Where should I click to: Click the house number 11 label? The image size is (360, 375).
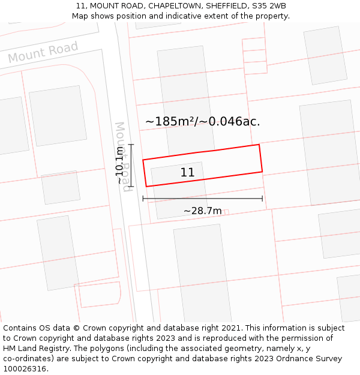[x=187, y=173]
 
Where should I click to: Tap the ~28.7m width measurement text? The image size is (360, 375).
[x=203, y=211]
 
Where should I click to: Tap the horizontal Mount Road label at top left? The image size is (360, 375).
[x=43, y=52]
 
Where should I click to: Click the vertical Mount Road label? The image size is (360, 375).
[x=122, y=157]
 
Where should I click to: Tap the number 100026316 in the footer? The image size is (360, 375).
[x=25, y=369]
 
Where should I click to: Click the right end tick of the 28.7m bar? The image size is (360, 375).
[x=262, y=198]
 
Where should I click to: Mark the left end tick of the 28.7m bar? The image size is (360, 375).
[x=143, y=198]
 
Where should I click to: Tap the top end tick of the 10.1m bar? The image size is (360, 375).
[x=131, y=145]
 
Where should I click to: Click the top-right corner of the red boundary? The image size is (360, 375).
[x=259, y=145]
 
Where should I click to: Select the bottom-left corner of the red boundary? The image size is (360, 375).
[x=146, y=187]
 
